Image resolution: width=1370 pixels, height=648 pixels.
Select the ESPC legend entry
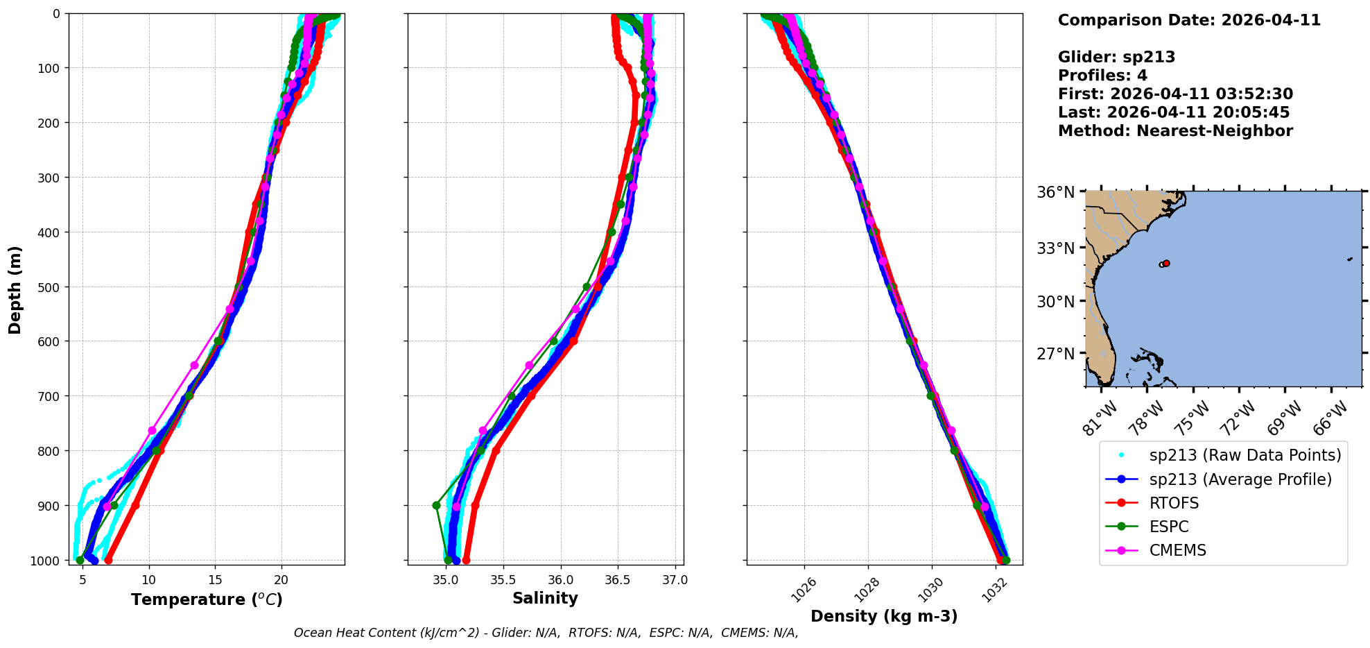(x=1169, y=527)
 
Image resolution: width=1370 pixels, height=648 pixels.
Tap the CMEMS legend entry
(x=1177, y=550)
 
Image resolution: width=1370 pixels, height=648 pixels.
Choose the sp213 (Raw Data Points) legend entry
(x=1245, y=455)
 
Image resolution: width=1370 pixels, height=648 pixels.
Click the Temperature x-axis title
(x=207, y=599)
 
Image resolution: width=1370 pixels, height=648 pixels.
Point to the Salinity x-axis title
(x=545, y=598)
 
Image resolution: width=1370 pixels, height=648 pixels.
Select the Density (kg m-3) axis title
(x=884, y=616)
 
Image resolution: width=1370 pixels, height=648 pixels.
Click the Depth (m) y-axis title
(x=15, y=289)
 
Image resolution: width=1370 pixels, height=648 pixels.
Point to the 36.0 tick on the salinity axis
(x=560, y=579)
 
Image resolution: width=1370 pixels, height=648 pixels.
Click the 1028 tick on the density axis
(x=867, y=592)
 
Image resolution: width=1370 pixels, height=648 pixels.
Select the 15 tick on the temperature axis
(x=215, y=579)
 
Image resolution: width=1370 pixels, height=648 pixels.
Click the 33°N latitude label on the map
(x=1055, y=248)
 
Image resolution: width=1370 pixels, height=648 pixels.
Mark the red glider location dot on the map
(x=1166, y=264)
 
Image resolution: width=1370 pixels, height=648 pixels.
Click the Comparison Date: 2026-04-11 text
(x=1189, y=20)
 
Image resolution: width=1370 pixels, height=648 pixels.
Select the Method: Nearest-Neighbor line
(x=1175, y=131)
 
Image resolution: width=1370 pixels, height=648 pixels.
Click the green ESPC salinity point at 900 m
(x=436, y=505)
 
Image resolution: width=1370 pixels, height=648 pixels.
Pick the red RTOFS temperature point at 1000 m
(x=108, y=560)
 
